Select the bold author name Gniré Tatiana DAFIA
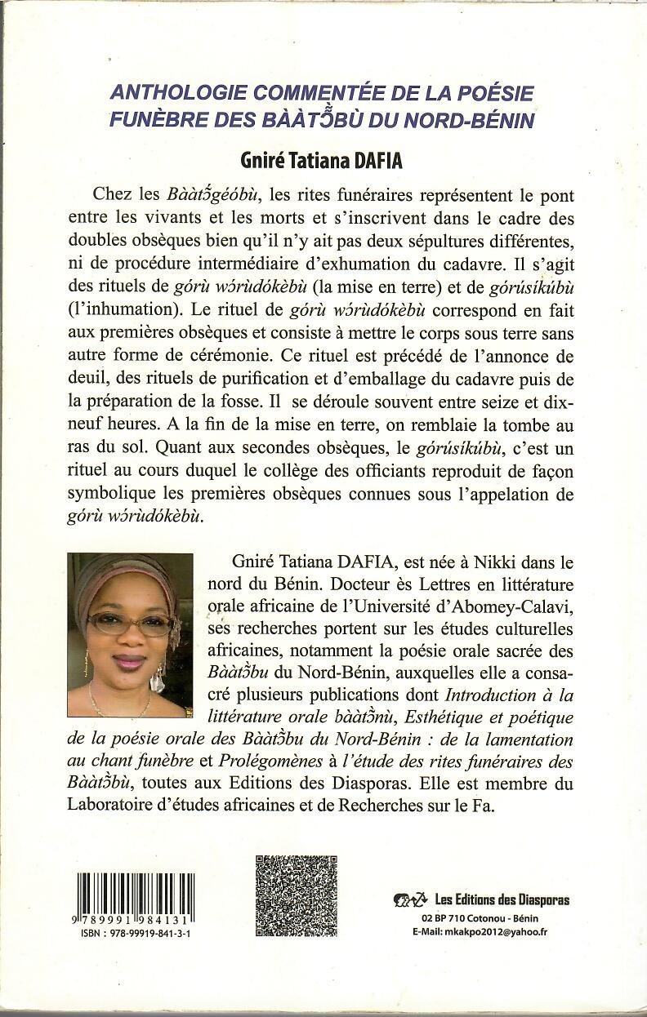323,160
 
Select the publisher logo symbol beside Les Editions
411,900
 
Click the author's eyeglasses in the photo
131,625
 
